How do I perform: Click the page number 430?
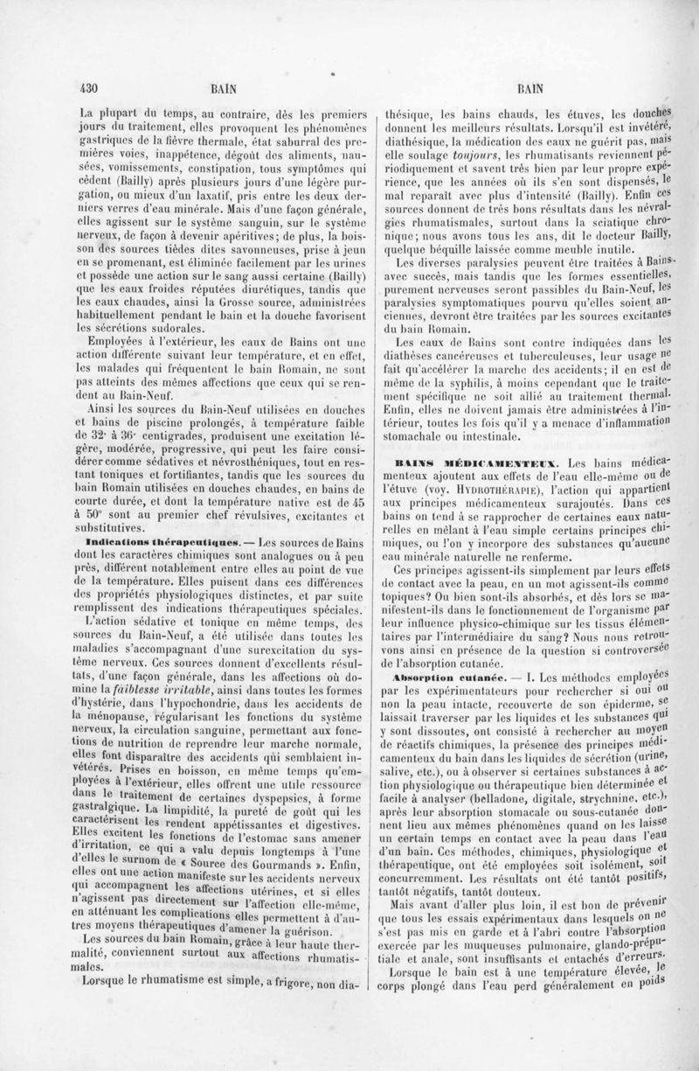click(86, 87)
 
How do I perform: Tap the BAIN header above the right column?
click(531, 87)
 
